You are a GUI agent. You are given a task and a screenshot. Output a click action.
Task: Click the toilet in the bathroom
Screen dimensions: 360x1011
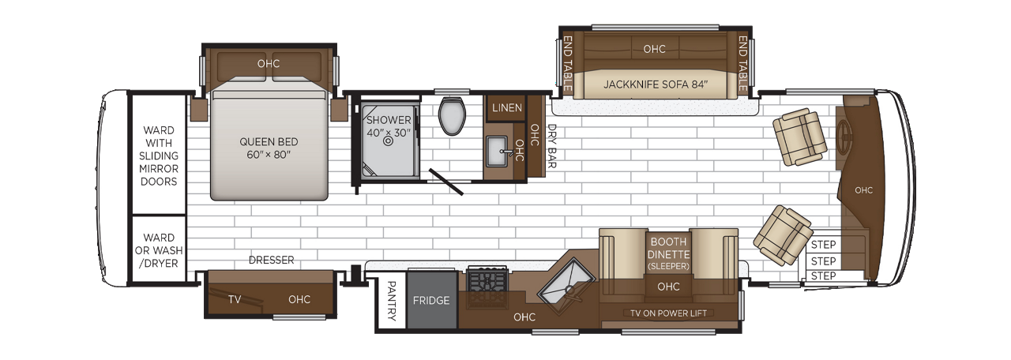453,115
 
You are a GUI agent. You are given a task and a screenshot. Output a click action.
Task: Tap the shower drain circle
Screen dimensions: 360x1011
388,143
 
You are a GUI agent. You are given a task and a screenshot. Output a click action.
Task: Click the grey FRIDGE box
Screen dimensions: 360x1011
431,300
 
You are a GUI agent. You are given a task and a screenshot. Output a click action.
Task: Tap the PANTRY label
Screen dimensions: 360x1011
391,301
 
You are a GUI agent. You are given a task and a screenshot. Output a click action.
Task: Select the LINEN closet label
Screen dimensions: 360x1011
506,107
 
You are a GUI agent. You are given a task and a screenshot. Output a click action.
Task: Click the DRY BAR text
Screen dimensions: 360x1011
551,147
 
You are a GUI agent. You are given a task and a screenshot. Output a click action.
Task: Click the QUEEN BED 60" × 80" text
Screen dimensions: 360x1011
269,148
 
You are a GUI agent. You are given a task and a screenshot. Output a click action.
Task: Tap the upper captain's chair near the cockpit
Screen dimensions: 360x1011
799,136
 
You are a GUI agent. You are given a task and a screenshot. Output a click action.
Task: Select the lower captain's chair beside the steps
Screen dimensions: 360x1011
783,235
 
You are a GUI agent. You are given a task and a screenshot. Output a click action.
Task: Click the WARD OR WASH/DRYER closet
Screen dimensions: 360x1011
159,250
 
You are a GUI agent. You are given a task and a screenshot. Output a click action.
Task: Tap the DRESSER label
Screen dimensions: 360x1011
271,260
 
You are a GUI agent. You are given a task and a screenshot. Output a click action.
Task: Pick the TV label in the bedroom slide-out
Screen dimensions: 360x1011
235,299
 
